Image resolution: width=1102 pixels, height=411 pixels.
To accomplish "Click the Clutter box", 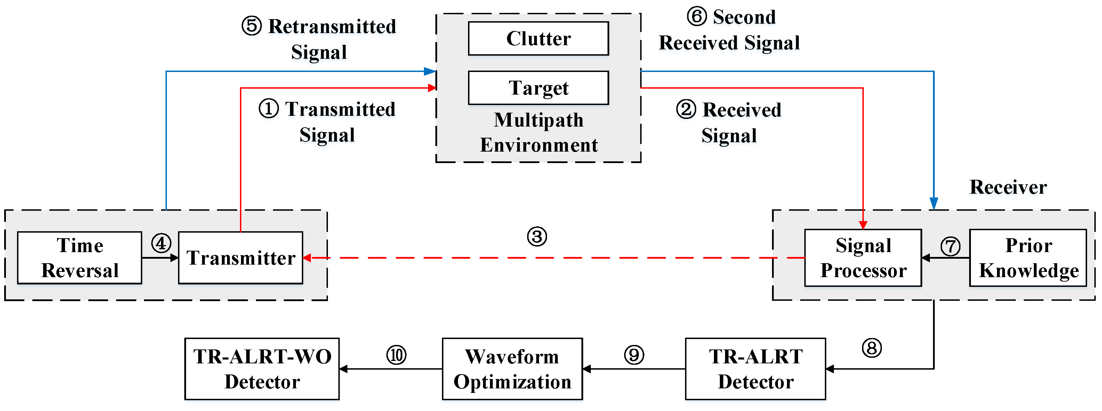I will (x=538, y=39).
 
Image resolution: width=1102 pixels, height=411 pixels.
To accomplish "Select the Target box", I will (x=538, y=88).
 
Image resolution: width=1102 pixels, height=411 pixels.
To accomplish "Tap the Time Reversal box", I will (x=80, y=258).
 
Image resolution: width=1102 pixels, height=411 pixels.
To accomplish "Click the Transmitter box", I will (x=240, y=258).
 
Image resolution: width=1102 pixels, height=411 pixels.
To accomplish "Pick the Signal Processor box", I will (x=863, y=258).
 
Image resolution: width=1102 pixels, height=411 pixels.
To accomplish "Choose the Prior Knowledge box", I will (x=1028, y=258).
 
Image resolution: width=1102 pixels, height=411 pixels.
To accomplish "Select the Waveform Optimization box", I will (x=512, y=369).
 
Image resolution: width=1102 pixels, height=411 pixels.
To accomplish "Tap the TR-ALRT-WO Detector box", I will (x=262, y=369).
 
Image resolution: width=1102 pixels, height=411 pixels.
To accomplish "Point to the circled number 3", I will (x=537, y=237).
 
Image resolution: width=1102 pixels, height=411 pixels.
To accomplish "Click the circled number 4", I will (x=161, y=243).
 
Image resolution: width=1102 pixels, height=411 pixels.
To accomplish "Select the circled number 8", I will (x=871, y=348).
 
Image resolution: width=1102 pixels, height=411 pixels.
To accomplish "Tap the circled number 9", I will (x=634, y=355).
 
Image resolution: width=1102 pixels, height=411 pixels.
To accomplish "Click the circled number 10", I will (x=396, y=355).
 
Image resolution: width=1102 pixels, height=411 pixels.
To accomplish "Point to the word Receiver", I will (x=1008, y=187).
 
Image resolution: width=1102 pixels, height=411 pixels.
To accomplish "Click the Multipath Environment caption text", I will (x=538, y=132).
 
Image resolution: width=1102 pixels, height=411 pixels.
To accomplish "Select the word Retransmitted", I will (x=332, y=26).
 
